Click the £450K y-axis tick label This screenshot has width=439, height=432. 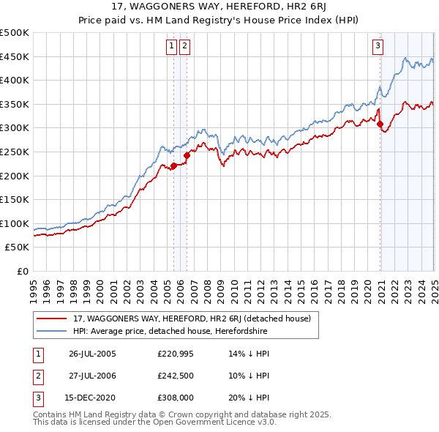(x=15, y=56)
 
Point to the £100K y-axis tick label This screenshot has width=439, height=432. (x=15, y=223)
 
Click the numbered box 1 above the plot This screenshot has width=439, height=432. (x=171, y=46)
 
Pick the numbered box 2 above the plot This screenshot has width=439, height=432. (x=184, y=46)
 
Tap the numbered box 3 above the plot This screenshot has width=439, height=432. (x=378, y=46)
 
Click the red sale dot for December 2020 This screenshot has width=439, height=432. (x=380, y=124)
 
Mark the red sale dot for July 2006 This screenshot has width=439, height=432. (x=187, y=155)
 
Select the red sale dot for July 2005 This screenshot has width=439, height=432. (x=173, y=165)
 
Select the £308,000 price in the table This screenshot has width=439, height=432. (x=175, y=399)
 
